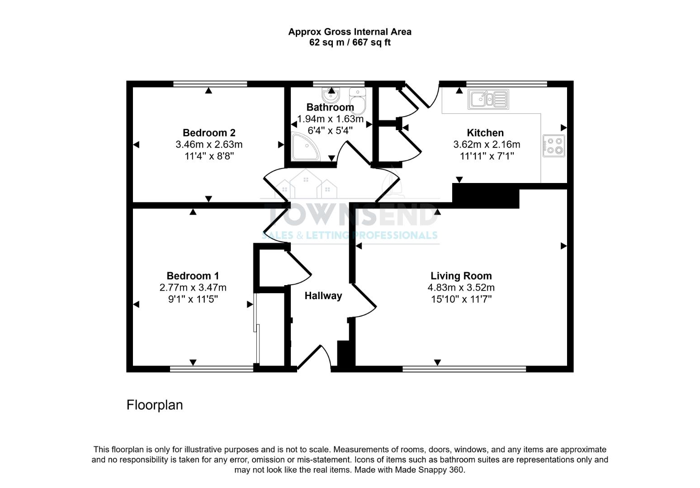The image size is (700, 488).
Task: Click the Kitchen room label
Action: coord(485,133)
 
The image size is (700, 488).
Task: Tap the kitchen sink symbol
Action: coord(488,99)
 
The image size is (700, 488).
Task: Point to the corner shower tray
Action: coord(305,147)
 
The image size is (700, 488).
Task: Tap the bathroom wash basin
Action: coord(331,95)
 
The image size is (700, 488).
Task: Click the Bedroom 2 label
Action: coord(209,133)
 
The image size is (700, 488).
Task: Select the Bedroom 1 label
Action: coord(193,276)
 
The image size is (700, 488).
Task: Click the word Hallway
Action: coord(323,296)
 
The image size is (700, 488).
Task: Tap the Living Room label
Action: coord(461,276)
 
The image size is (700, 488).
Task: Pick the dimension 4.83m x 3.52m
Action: coord(461,288)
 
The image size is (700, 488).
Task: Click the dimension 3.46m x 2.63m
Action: coord(209,145)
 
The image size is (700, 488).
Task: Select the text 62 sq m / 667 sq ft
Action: coord(350,43)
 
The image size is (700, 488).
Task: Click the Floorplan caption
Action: coord(155,405)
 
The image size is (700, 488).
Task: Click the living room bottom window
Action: coord(464,369)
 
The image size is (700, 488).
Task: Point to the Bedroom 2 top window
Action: coord(210,84)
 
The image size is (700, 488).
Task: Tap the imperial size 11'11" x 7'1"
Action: coord(487,156)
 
